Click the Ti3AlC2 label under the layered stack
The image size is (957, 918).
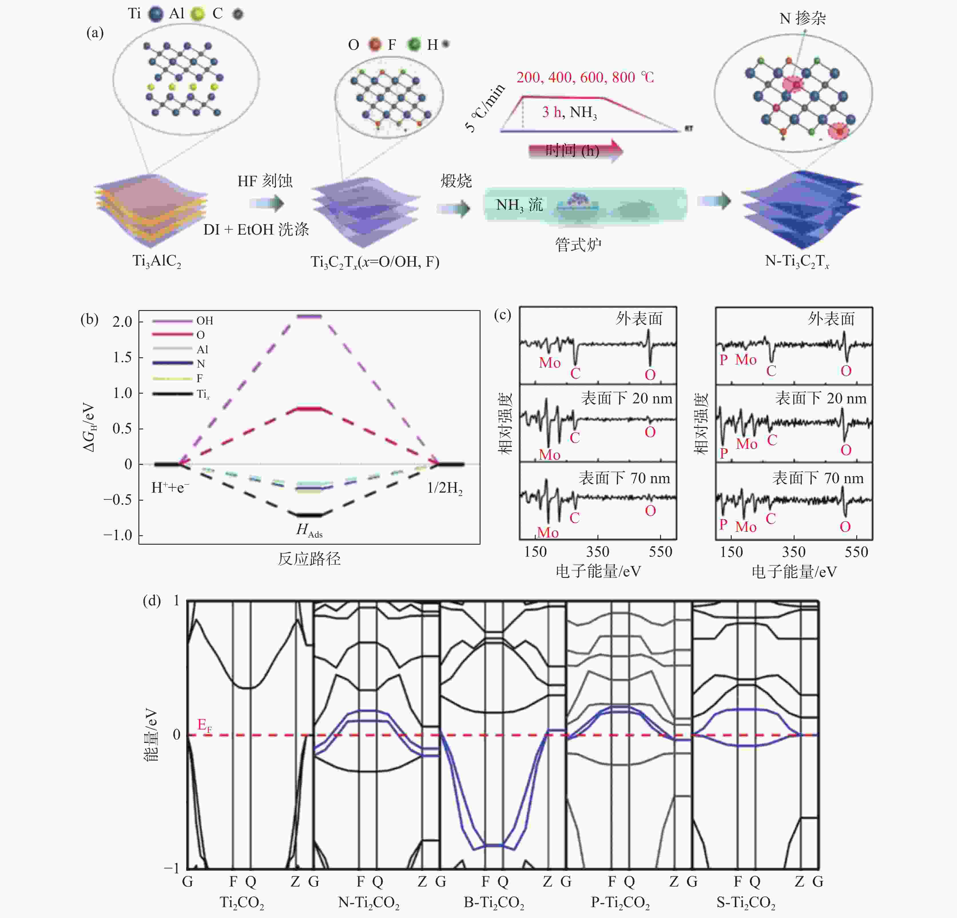[157, 261]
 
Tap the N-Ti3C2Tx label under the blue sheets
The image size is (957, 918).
[796, 261]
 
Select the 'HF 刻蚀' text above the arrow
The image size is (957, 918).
[265, 181]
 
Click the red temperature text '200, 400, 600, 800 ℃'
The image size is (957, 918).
[585, 77]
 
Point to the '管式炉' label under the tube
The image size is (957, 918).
[578, 244]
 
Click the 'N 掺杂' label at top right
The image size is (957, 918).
[802, 19]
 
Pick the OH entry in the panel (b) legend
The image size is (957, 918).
[204, 321]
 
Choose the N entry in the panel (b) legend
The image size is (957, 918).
[201, 364]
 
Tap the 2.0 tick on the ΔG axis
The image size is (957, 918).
[122, 322]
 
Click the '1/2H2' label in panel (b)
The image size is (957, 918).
[444, 488]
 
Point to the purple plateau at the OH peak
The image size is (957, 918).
[309, 316]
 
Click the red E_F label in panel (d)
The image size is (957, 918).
[204, 725]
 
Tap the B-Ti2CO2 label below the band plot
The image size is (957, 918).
[494, 902]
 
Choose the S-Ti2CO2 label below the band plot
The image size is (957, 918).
[746, 902]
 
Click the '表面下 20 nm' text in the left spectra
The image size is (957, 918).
[626, 398]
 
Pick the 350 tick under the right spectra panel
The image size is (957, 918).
[793, 552]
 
